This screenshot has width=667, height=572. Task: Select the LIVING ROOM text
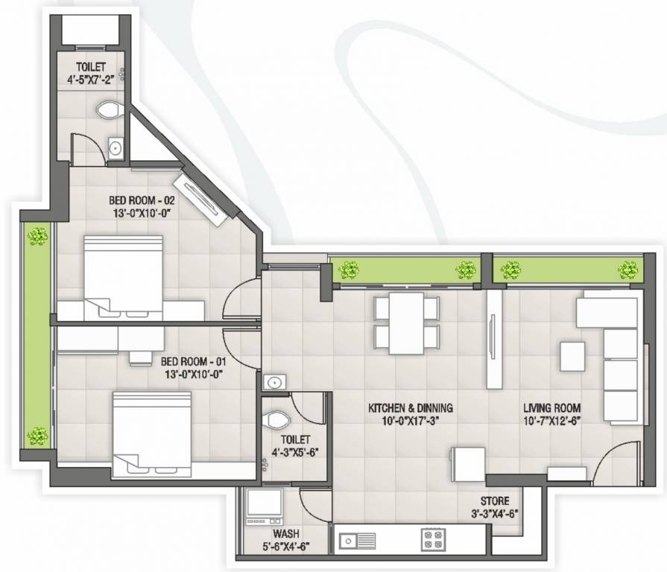click(x=551, y=408)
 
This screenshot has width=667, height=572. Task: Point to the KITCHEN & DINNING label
click(x=411, y=408)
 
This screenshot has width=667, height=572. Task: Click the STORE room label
click(x=495, y=501)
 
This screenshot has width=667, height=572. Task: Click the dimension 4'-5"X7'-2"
click(x=94, y=75)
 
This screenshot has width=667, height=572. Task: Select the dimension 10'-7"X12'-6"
click(x=551, y=421)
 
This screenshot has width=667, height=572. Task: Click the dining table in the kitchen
click(x=406, y=323)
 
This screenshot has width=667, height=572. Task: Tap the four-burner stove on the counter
click(x=432, y=538)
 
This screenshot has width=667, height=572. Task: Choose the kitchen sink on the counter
click(x=358, y=538)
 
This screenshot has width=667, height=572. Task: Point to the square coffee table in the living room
click(x=573, y=356)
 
